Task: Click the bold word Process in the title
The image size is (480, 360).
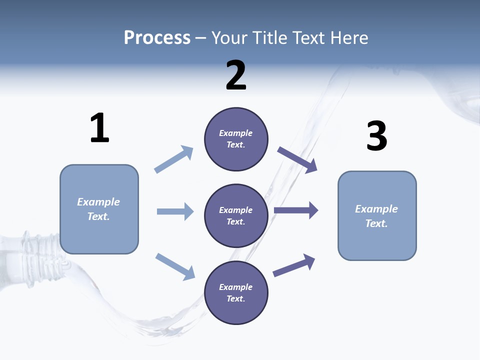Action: [x=157, y=37]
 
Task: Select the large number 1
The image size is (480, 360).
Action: [x=99, y=128]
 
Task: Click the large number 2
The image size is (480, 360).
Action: [x=236, y=75]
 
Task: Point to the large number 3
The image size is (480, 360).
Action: [x=376, y=136]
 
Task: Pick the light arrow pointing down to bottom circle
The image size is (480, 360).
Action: [x=175, y=266]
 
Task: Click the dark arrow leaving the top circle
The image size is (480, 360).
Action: [x=297, y=160]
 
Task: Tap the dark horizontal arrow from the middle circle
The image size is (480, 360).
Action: [x=296, y=210]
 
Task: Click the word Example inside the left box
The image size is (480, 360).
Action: [x=98, y=202]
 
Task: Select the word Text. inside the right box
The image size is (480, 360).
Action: [x=376, y=223]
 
